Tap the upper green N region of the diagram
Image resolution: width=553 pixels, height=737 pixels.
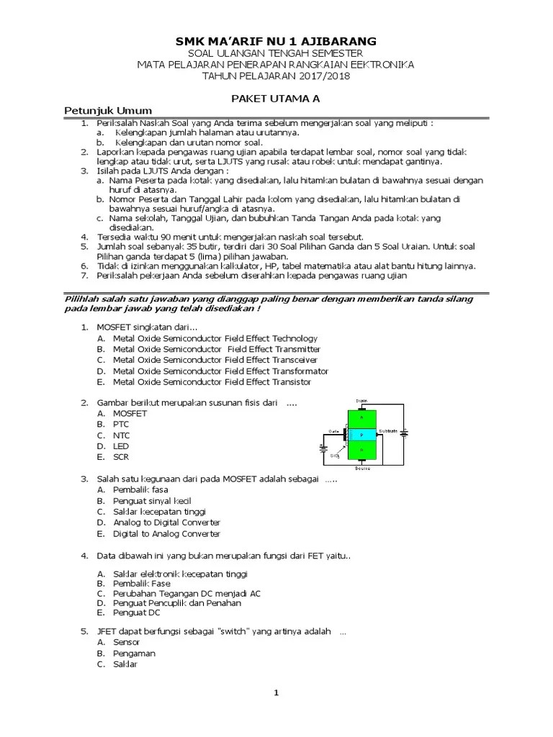[362, 417]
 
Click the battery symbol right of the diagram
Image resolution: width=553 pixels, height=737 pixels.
[405, 434]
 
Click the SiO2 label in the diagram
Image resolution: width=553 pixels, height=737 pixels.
[335, 456]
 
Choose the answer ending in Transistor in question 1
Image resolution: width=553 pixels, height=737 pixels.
[212, 381]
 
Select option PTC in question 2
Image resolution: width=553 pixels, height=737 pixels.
[121, 425]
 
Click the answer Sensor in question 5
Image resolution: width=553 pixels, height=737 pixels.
[126, 642]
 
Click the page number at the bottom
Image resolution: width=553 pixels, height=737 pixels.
[276, 693]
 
